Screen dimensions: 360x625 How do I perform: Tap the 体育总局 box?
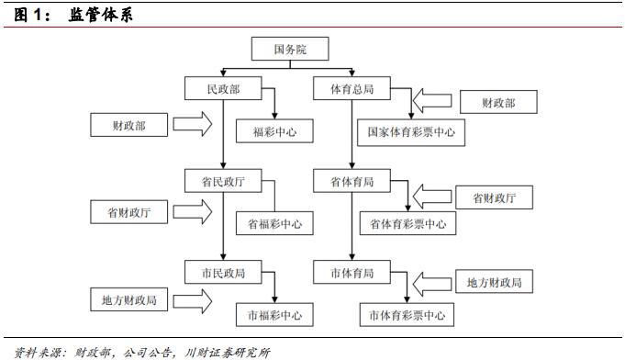coord(352,90)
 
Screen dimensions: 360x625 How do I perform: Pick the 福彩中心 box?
coord(274,132)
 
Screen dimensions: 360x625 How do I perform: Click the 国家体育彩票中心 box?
coord(410,132)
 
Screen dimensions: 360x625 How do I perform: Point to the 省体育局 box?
coord(352,182)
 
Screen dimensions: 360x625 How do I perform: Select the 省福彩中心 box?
coord(274,223)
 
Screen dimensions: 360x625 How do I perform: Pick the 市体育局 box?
coord(352,274)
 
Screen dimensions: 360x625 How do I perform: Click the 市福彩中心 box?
coord(274,315)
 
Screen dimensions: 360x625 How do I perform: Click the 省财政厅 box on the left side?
coord(128,212)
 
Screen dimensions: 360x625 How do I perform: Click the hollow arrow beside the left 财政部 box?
coord(193,123)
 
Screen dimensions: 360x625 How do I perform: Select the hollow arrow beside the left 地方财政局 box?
coord(193,298)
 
